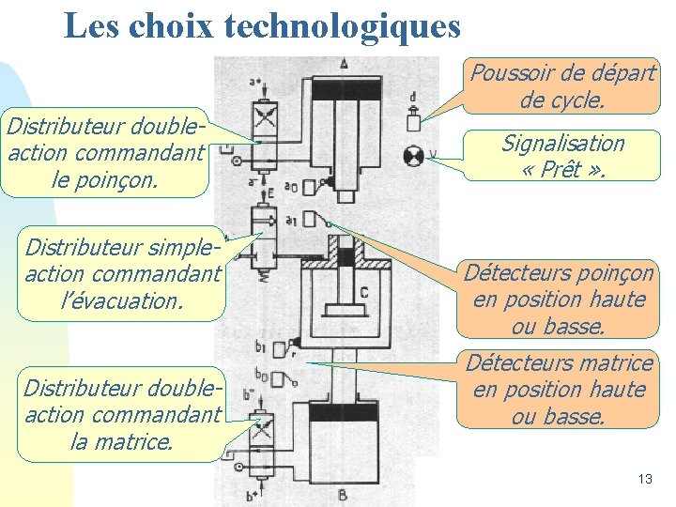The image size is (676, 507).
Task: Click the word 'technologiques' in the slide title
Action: click(x=342, y=25)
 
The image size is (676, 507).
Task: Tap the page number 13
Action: click(x=644, y=479)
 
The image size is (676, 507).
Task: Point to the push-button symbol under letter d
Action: click(x=413, y=122)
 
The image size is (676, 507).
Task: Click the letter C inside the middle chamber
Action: click(x=362, y=293)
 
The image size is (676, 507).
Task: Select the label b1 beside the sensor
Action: click(x=260, y=348)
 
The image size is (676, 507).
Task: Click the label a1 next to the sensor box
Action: click(x=291, y=221)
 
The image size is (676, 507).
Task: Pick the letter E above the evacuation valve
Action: click(x=269, y=194)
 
